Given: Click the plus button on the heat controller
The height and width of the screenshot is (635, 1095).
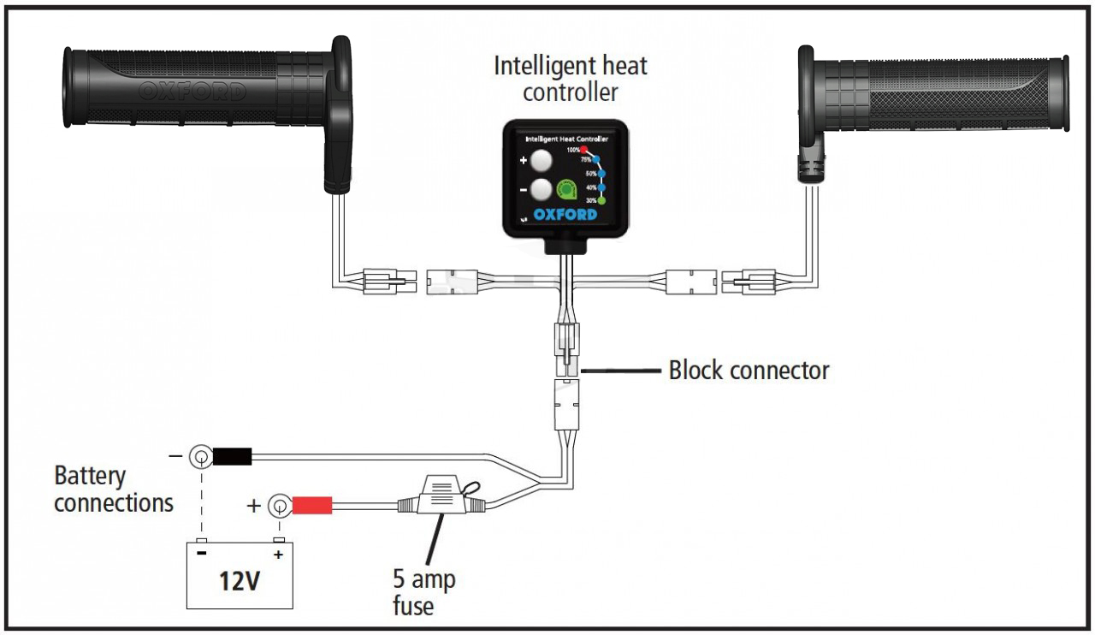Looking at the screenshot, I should (x=539, y=160).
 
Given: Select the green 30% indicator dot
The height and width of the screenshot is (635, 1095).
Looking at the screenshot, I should (x=601, y=200).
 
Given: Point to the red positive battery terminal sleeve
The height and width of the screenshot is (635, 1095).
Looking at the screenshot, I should (x=313, y=507).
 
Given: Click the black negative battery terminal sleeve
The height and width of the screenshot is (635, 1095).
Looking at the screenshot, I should (x=232, y=457).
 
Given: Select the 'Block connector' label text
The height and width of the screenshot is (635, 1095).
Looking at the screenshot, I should (x=749, y=371).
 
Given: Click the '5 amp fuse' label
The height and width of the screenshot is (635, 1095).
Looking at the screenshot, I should (x=423, y=592).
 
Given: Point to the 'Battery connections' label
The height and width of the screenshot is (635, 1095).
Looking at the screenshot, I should (x=114, y=489).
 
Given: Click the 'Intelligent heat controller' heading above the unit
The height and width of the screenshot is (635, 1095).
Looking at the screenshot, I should (x=571, y=78).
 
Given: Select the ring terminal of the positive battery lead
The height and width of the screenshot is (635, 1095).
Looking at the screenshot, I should (x=279, y=506).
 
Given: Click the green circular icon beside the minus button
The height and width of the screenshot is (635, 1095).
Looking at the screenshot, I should (x=566, y=188).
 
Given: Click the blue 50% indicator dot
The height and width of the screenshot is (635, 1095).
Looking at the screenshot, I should (x=601, y=173).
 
